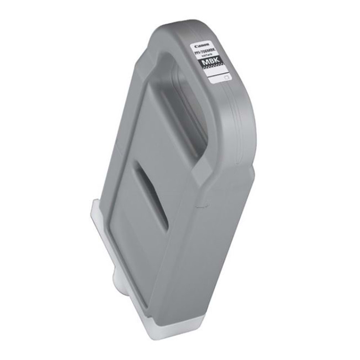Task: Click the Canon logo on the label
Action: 200,46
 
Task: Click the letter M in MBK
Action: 208,63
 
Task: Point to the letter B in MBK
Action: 213,64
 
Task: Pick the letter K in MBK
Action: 218,64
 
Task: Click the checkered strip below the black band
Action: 216,71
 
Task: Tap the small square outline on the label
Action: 226,77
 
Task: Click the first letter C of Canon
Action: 195,46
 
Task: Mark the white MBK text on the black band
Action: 213,64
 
